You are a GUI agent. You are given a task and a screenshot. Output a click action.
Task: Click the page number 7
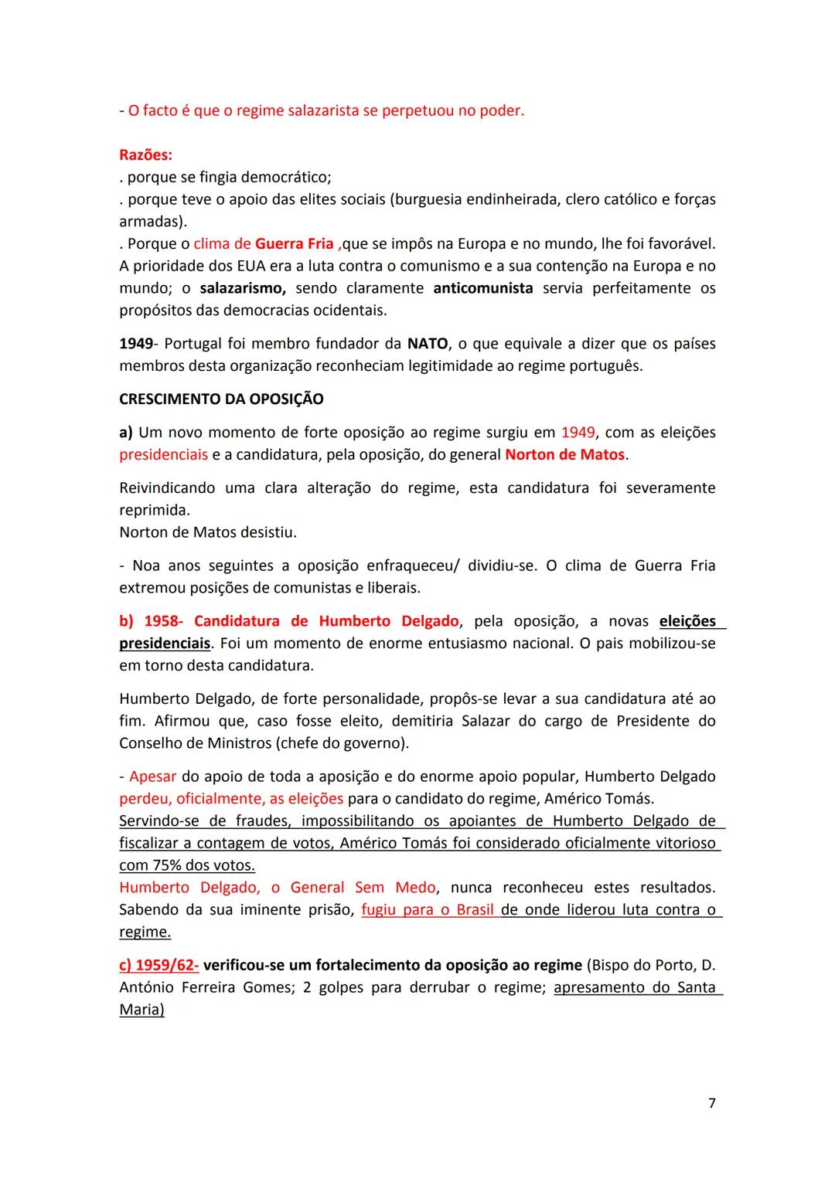click(711, 1103)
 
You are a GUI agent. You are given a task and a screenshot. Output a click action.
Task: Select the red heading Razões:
click(145, 155)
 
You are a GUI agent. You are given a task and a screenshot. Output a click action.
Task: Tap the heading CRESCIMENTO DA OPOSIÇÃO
click(221, 399)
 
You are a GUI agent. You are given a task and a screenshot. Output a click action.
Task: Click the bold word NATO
click(428, 344)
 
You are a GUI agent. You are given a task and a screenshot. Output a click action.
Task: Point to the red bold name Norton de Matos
click(564, 455)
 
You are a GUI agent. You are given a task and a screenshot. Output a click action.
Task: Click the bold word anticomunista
click(483, 288)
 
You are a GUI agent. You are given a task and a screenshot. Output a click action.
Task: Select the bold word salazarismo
click(243, 288)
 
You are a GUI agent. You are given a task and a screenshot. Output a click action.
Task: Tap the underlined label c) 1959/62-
click(158, 965)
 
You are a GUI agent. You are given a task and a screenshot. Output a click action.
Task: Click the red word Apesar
click(153, 776)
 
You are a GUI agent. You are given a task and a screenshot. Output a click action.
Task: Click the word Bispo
click(612, 965)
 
